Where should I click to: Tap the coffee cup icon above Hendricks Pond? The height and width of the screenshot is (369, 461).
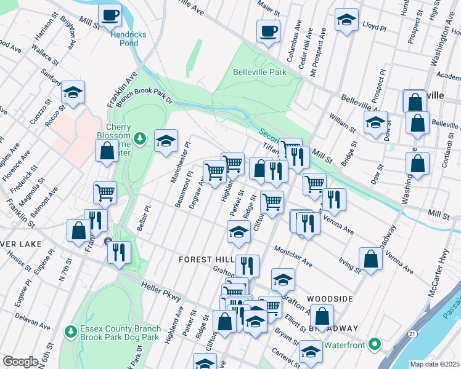tap(110, 15)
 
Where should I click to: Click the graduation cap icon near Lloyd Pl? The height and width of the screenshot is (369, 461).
tap(346, 20)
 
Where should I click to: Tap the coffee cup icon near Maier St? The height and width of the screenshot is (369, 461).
tap(268, 30)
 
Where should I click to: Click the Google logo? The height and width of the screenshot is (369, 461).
tap(20, 362)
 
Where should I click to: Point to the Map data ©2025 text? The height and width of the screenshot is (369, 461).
tap(434, 364)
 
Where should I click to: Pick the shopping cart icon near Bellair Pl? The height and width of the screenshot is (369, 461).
tap(105, 192)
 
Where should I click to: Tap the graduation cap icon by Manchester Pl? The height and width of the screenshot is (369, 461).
tap(165, 141)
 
